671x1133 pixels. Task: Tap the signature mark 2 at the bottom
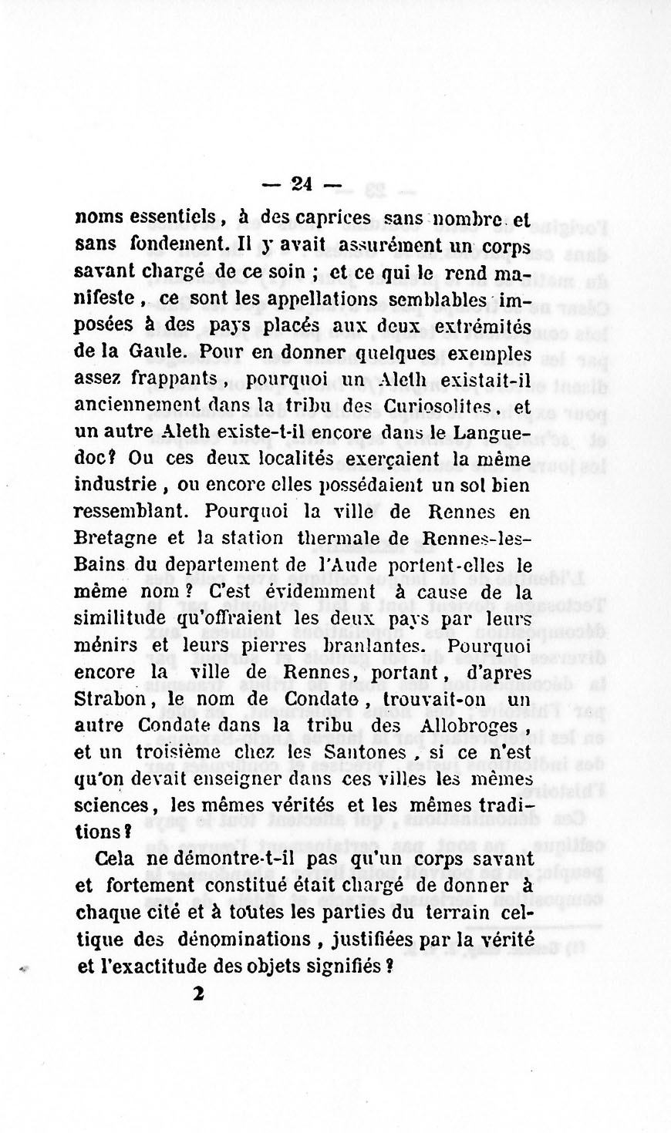pos(199,994)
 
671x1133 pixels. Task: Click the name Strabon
pos(115,700)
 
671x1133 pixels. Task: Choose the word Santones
pos(377,752)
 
